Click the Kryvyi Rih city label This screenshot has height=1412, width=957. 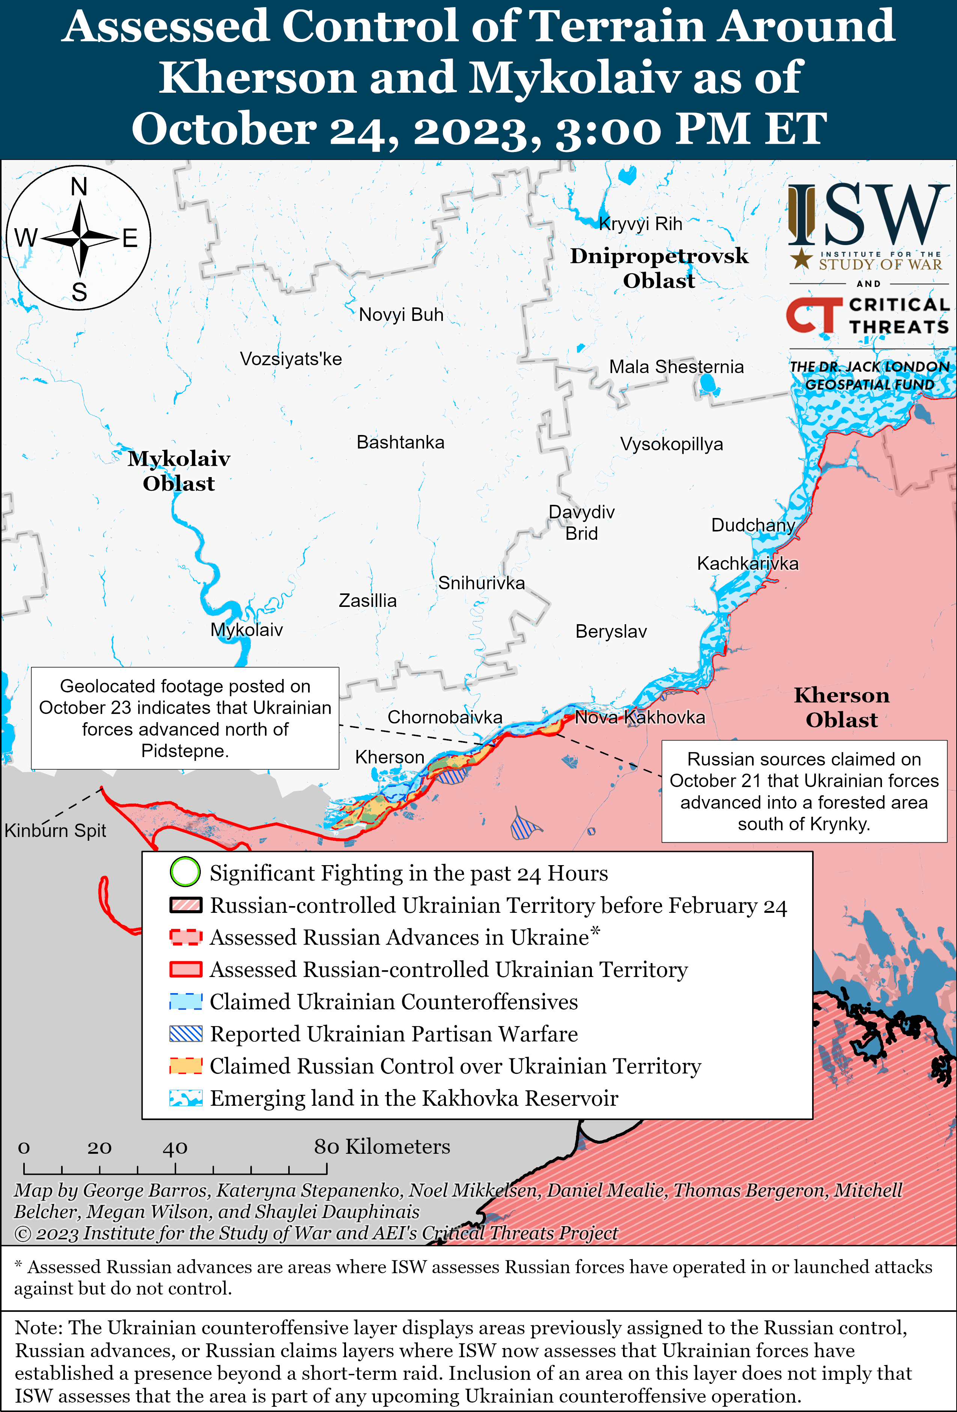coord(640,224)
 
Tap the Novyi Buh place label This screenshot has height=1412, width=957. coord(401,315)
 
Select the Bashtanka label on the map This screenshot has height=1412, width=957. coord(400,442)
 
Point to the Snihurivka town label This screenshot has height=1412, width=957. coord(481,583)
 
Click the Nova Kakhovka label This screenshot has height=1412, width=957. coord(640,718)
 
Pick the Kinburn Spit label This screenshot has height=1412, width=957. coord(55,831)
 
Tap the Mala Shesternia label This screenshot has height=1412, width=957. coord(676,367)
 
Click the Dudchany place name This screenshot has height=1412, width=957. coord(753,525)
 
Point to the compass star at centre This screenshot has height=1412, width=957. coord(80,238)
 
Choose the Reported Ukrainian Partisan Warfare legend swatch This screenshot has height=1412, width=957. coord(185,1034)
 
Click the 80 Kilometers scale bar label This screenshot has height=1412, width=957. coord(382,1147)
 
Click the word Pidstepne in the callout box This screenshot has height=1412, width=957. coord(184,751)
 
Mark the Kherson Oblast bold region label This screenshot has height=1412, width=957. coord(841,707)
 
